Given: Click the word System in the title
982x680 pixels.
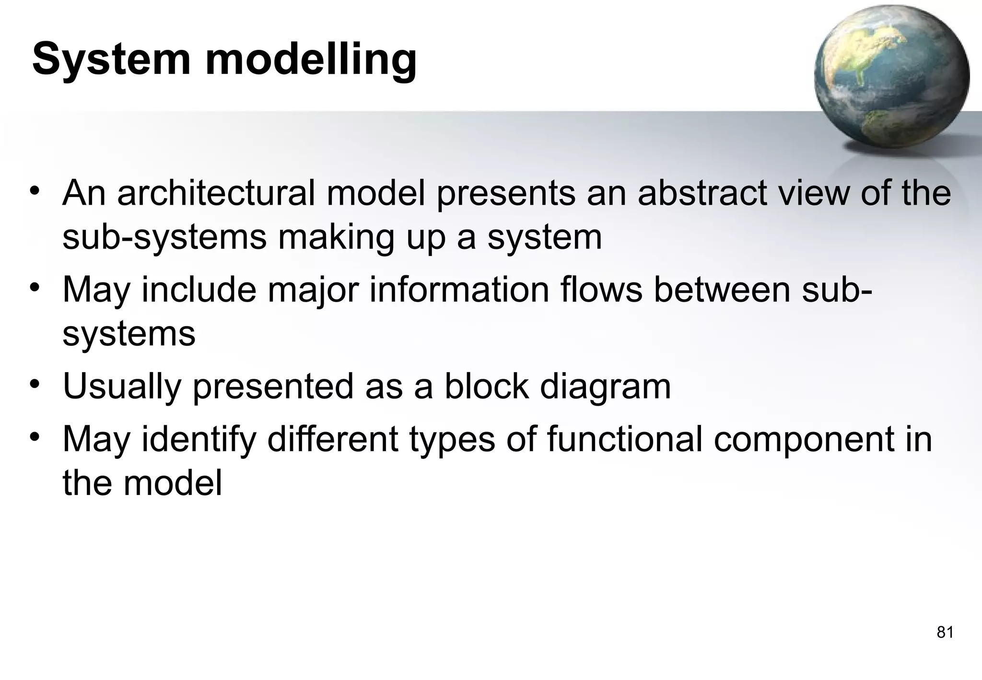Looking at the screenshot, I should point(111,60).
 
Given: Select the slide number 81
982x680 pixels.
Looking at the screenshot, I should point(945,633).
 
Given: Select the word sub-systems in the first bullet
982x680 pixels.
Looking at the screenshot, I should point(164,238).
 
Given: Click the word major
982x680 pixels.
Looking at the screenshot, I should point(312,291).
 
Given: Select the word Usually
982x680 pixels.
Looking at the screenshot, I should point(122,387).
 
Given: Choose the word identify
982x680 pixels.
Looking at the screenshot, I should point(199,440).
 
